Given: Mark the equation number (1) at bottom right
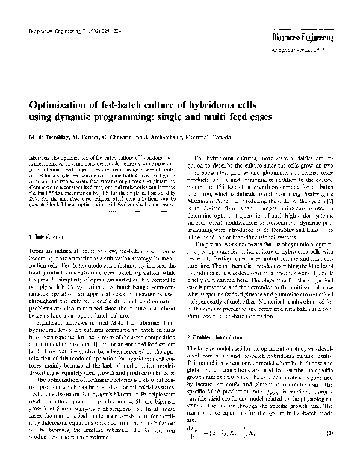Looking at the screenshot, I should [329, 450].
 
